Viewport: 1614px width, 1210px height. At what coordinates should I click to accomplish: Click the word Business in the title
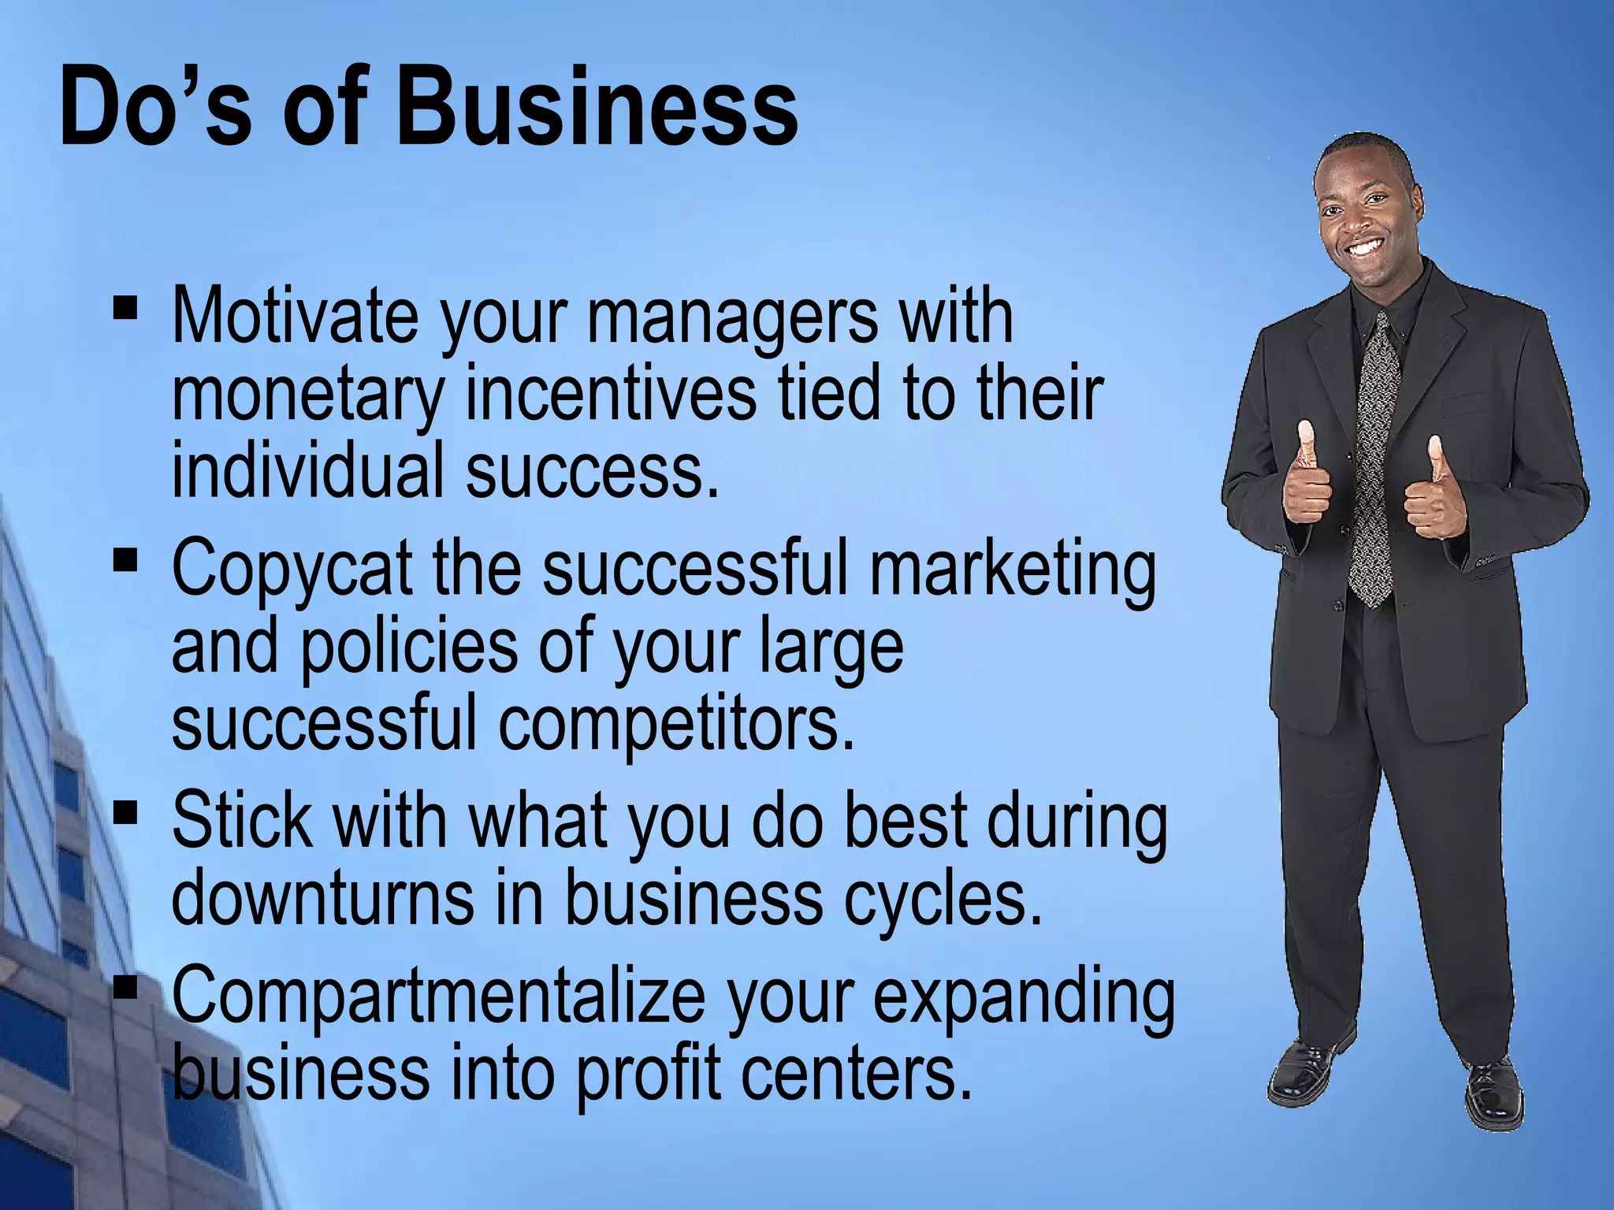tap(597, 106)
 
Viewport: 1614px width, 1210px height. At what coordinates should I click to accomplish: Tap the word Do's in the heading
tap(154, 106)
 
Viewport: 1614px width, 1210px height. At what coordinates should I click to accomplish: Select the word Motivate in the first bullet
tap(295, 317)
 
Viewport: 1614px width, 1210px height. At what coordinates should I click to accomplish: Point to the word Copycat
tap(292, 569)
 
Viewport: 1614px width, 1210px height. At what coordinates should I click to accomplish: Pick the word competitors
tap(676, 722)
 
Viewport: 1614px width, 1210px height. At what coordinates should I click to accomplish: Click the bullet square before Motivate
tap(125, 306)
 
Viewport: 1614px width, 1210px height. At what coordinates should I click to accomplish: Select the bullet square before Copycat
tap(125, 560)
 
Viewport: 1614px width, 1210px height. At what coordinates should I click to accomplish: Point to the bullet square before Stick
tap(125, 812)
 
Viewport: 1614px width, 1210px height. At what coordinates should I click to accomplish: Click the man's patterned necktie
tap(1375, 457)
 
